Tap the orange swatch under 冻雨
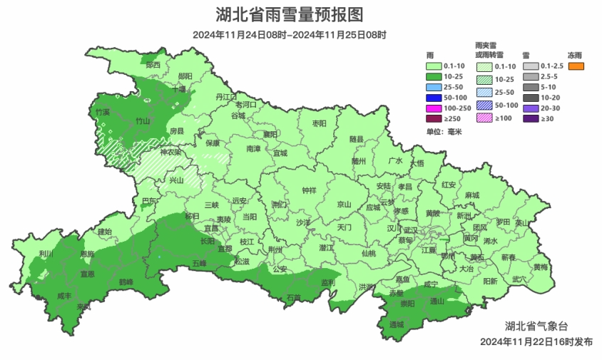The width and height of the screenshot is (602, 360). pos(576,67)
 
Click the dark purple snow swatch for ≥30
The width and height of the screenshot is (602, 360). pos(530,118)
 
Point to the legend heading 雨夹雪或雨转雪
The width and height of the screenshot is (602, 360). pos(489,49)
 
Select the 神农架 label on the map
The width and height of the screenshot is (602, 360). pos(170,152)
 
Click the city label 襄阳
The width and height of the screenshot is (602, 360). pos(270,134)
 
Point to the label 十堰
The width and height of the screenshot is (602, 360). pos(178,89)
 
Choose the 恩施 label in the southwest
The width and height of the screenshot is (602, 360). pos(87,254)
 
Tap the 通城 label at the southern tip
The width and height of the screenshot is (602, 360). pos(397,324)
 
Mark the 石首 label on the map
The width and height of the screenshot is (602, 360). pos(293,297)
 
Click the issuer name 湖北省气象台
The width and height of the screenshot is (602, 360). pos(536,326)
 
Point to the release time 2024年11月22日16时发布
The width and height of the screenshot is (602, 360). pos(536,342)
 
